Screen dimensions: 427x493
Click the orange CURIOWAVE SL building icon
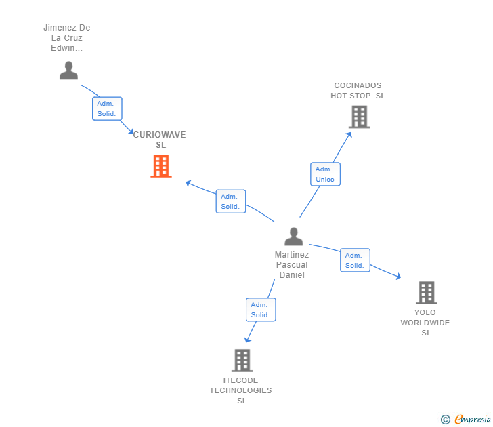[160, 166]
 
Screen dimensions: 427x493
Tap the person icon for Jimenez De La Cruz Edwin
[68, 70]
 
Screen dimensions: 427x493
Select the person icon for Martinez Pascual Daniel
[293, 237]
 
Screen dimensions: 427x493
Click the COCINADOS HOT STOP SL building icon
[359, 117]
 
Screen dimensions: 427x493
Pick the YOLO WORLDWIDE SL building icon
[426, 293]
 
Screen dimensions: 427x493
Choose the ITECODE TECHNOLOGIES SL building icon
[242, 361]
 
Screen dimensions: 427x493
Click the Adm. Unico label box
[325, 174]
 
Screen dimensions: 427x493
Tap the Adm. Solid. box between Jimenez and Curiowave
[107, 108]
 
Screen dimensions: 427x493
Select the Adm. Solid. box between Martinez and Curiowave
[230, 201]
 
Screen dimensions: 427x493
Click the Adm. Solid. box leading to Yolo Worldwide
[355, 260]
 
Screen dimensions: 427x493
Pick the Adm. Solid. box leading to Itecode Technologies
[261, 310]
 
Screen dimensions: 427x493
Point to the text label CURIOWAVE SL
[160, 140]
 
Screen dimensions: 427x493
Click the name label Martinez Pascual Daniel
[292, 265]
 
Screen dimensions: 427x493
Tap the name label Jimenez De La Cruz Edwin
[67, 38]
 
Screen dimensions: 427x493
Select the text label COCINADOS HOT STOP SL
[358, 91]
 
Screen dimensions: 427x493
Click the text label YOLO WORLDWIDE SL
[425, 323]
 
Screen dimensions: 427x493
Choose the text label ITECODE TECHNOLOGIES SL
[240, 390]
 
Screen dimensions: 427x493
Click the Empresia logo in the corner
[467, 419]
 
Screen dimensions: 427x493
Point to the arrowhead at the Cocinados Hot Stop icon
[349, 134]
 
